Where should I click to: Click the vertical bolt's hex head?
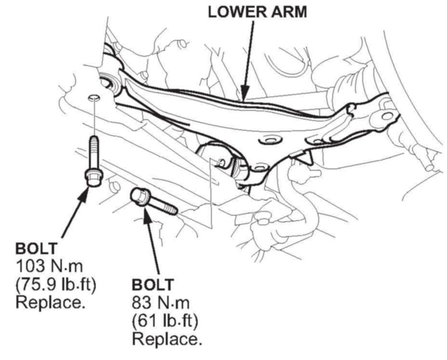tap(93, 177)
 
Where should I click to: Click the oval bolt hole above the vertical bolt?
tap(94, 99)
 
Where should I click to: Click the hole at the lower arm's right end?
tap(387, 116)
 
